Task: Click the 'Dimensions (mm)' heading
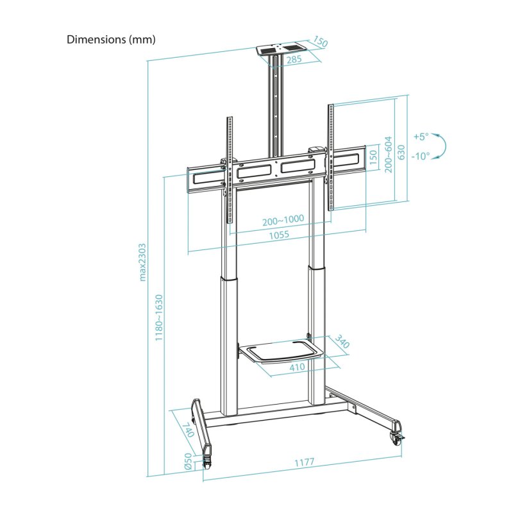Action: [x=112, y=40]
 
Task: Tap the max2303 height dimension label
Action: [x=143, y=262]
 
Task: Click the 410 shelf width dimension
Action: [x=296, y=368]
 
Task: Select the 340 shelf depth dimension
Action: [x=342, y=344]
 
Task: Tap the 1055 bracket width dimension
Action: [x=279, y=235]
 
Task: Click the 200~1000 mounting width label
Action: [x=283, y=220]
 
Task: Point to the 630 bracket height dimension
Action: [x=401, y=152]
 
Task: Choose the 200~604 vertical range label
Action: [x=387, y=155]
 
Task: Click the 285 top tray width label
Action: [x=295, y=60]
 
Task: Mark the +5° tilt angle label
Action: [x=420, y=137]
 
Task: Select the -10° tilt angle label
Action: [x=421, y=156]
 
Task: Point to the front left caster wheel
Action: [x=206, y=460]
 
